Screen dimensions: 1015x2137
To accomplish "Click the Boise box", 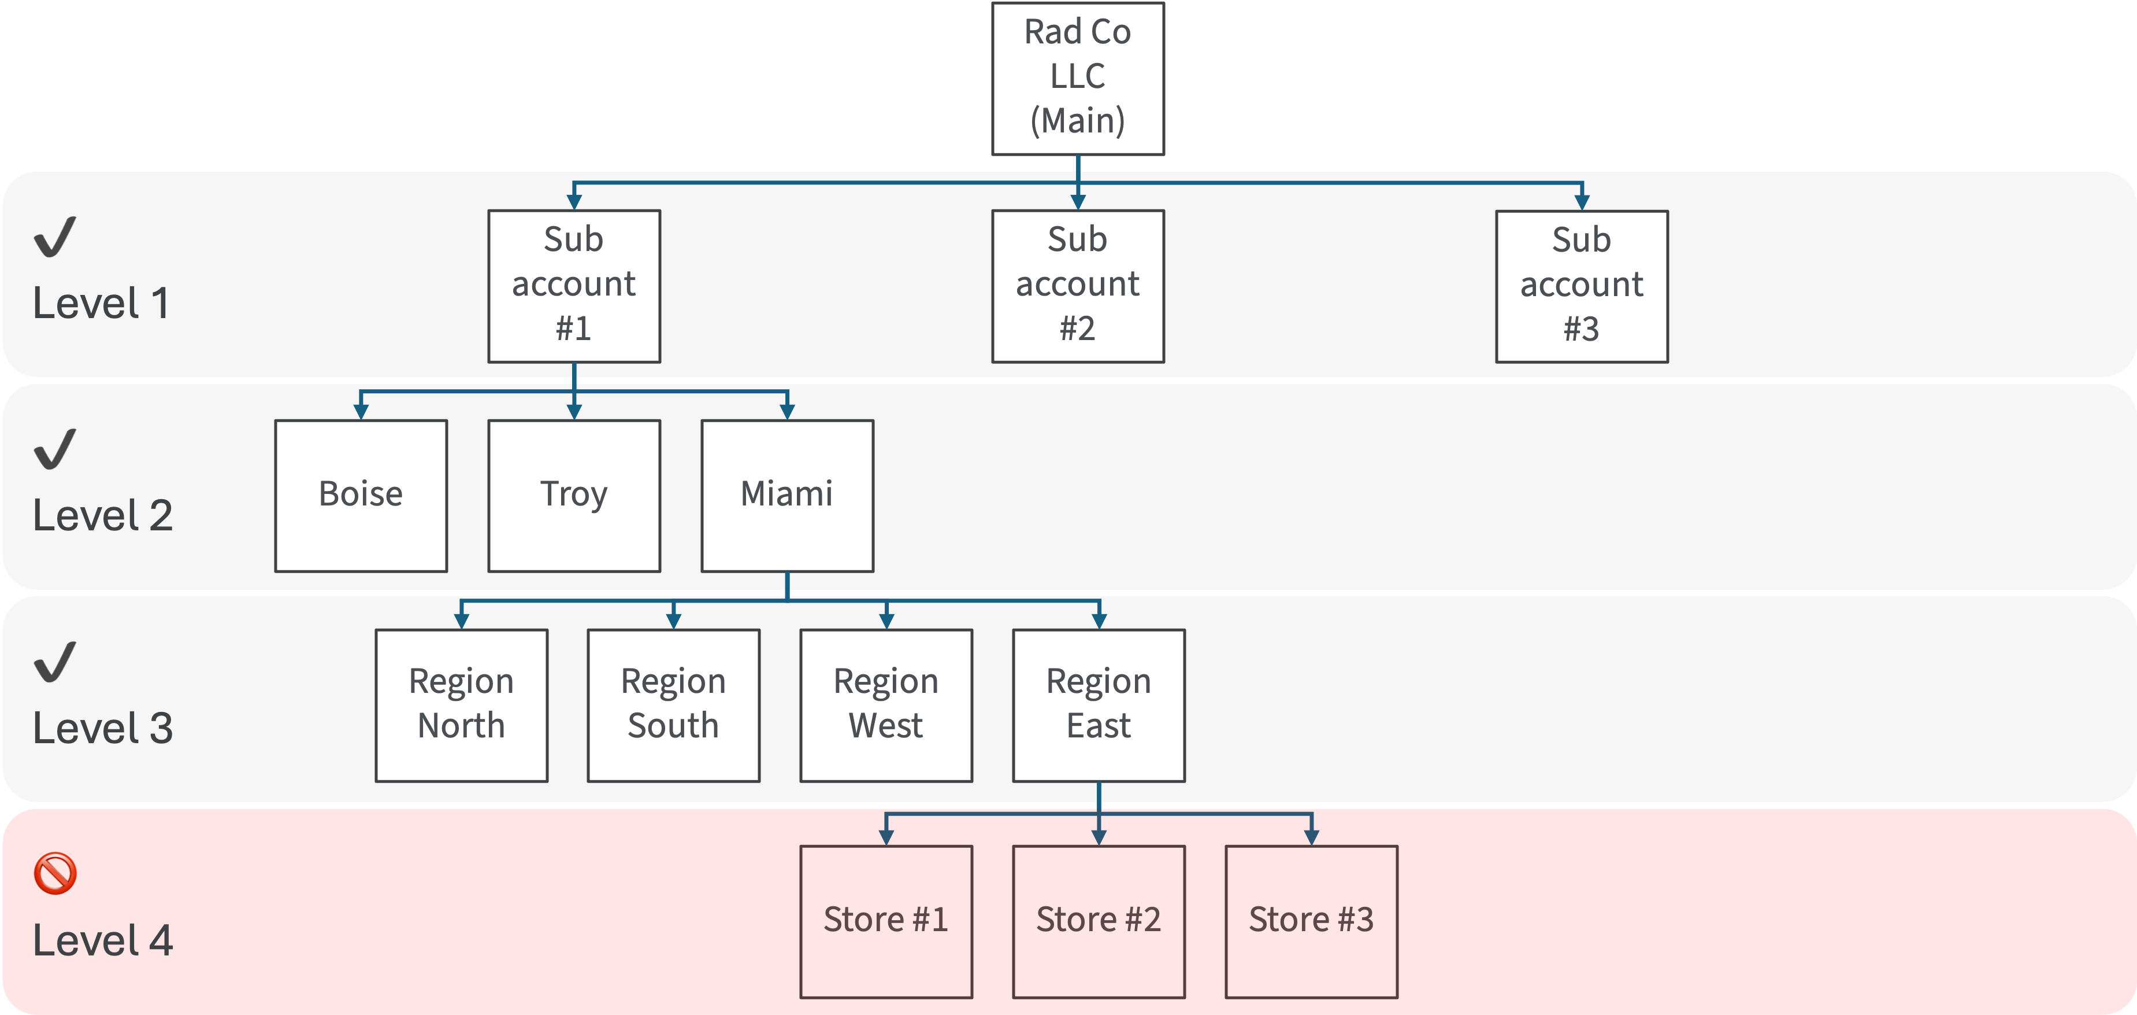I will (361, 496).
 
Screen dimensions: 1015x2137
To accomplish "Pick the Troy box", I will (574, 496).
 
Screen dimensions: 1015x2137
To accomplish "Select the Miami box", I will (786, 496).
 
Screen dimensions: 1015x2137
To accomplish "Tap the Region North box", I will (461, 704).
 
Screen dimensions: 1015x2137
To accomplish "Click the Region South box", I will (674, 704).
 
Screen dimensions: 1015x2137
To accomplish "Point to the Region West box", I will (886, 704).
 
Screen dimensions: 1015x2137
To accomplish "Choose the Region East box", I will (1099, 704).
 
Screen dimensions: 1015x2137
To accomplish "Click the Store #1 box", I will (886, 920).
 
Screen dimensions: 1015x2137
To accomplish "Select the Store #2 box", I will (1099, 920).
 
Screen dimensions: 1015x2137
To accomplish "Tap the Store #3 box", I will (1311, 920).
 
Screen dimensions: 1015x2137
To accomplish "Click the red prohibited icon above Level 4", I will (55, 873).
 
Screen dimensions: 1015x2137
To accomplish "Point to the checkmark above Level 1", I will (55, 237).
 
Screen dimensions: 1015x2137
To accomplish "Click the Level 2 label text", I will (103, 515).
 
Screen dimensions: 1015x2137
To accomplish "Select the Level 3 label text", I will (103, 728).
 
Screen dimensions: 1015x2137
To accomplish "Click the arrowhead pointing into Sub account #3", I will (1581, 202).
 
